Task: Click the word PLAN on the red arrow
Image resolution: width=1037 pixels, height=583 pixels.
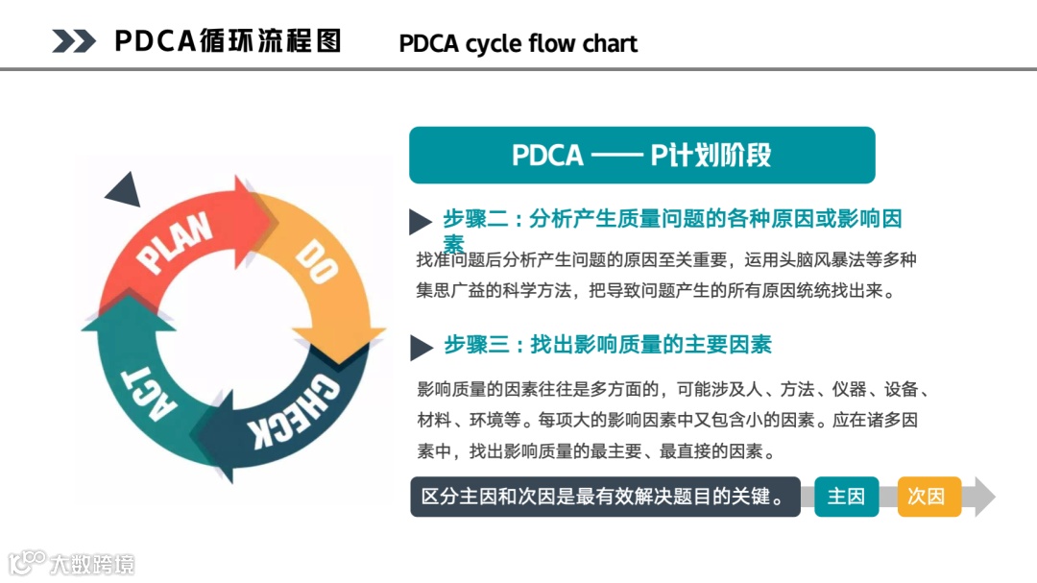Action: pyautogui.click(x=175, y=244)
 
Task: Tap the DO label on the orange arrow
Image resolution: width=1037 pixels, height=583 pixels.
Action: pyautogui.click(x=316, y=261)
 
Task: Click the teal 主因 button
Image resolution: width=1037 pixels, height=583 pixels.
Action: pyautogui.click(x=846, y=497)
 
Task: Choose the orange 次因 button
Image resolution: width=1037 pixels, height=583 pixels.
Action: pyautogui.click(x=928, y=497)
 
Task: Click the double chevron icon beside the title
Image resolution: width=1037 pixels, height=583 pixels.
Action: pyautogui.click(x=73, y=40)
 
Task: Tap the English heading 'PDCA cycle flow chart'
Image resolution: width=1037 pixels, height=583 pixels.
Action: pyautogui.click(x=518, y=43)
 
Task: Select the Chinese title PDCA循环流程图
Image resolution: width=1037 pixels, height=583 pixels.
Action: pyautogui.click(x=228, y=40)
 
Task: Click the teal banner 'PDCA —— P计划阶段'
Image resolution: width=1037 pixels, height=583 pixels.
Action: pyautogui.click(x=641, y=156)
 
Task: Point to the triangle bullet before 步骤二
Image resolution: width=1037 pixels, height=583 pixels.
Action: pyautogui.click(x=420, y=222)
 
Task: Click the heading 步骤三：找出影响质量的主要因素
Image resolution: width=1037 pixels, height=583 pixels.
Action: pyautogui.click(x=607, y=345)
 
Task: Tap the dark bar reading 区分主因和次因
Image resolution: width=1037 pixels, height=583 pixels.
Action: pyautogui.click(x=604, y=497)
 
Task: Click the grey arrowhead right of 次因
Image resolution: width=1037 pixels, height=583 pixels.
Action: pyautogui.click(x=981, y=497)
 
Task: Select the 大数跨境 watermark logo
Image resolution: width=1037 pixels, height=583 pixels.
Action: pyautogui.click(x=72, y=563)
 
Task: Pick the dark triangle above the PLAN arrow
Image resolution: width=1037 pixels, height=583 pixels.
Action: pyautogui.click(x=124, y=190)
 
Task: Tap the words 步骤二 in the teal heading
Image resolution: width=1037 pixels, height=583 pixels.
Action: pyautogui.click(x=473, y=219)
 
